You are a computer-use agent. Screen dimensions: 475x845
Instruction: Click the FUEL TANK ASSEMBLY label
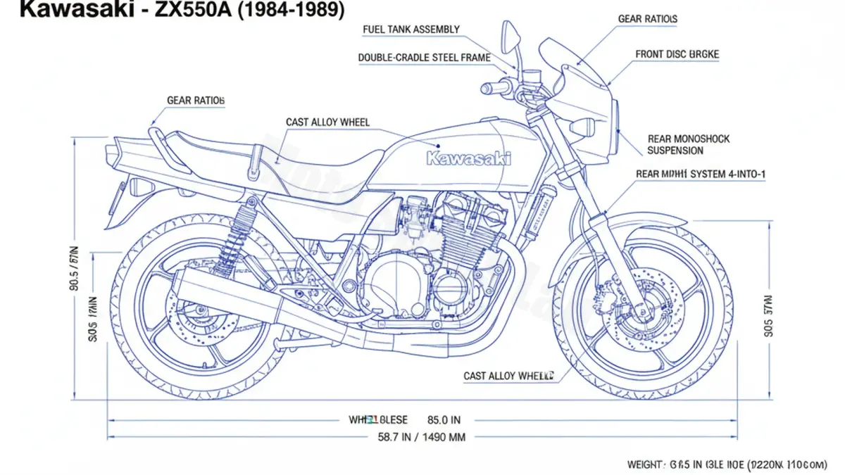coord(411,30)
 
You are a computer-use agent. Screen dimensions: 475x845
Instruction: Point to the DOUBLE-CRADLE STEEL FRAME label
coord(424,58)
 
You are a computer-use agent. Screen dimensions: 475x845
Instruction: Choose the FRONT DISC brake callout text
coord(677,54)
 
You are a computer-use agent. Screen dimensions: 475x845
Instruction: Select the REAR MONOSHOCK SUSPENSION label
coord(688,144)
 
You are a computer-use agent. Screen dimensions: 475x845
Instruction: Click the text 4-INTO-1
coord(740,174)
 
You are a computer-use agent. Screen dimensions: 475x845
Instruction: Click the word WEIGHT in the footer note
coord(644,464)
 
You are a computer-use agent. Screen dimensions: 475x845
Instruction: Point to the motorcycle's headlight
coord(615,116)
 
